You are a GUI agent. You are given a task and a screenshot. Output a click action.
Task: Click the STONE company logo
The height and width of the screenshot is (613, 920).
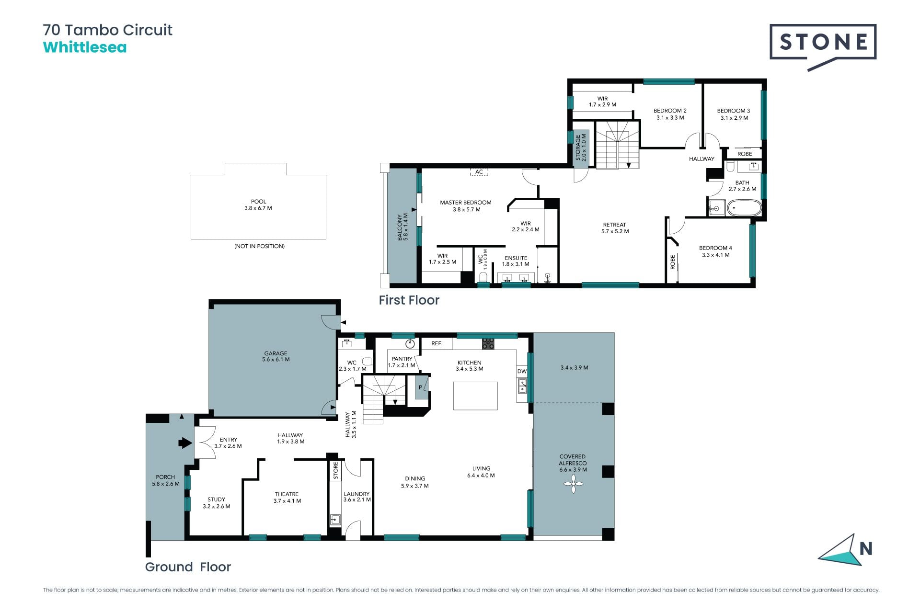tap(823, 47)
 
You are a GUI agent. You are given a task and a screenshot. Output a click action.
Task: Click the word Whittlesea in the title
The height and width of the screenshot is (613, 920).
tap(85, 47)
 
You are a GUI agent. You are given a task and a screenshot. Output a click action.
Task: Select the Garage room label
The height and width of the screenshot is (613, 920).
tap(276, 356)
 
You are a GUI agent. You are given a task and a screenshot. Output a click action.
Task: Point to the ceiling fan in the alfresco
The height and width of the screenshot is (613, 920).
tap(573, 485)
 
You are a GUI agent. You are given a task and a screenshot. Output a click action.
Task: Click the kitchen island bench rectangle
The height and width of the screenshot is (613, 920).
tap(475, 396)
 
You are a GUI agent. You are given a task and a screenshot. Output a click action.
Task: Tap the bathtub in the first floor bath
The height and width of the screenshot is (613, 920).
tap(744, 208)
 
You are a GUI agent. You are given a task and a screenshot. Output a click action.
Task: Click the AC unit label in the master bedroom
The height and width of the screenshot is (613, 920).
tap(479, 172)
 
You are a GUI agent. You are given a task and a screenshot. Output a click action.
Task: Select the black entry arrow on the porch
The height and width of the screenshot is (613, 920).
tap(185, 443)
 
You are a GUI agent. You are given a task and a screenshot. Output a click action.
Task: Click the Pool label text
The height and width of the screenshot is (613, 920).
tap(258, 205)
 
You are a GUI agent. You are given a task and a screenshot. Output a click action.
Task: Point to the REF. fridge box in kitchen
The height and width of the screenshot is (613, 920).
tap(437, 343)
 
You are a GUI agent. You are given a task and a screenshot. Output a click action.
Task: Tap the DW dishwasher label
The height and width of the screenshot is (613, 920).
tap(522, 371)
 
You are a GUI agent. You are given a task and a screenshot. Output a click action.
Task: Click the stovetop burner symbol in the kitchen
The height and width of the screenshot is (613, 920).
tap(488, 343)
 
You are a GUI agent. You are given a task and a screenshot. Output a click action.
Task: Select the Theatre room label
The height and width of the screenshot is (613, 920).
tap(287, 498)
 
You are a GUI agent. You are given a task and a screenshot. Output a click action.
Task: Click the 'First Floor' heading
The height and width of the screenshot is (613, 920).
tap(409, 300)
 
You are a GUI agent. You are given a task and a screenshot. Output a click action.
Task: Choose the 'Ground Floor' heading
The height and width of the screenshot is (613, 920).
tap(188, 567)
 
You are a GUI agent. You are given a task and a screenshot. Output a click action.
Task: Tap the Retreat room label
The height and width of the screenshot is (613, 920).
tap(615, 228)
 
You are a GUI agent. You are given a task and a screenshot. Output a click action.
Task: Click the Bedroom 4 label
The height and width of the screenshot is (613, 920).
tap(715, 251)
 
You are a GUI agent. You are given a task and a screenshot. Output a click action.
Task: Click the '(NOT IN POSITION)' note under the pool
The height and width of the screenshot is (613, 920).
tap(259, 246)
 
